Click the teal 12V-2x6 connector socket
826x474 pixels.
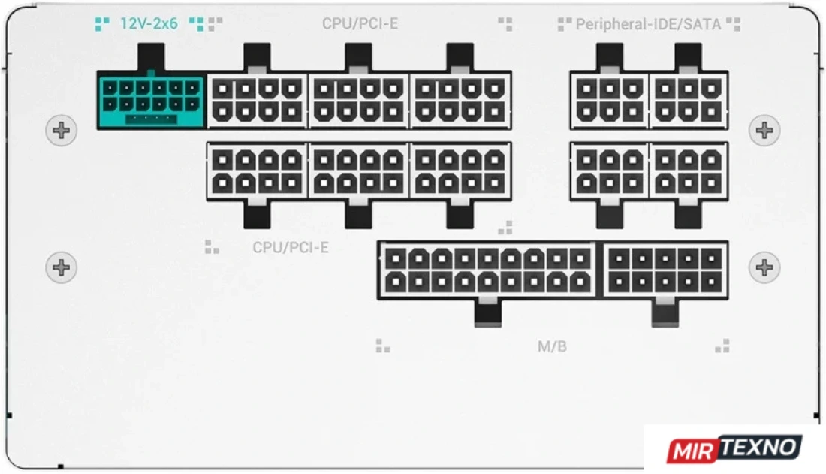coord(151,101)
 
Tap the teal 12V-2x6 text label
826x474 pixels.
coord(149,24)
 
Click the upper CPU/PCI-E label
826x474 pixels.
coord(360,24)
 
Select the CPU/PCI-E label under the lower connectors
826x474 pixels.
coord(291,247)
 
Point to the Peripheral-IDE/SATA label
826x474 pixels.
coord(648,24)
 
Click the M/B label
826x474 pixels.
coord(552,346)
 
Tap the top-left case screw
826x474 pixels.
coord(61,130)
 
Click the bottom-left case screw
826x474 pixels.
coord(61,267)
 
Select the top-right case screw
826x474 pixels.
coord(764,130)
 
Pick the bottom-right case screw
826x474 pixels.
coord(764,267)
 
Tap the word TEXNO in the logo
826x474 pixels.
coord(760,447)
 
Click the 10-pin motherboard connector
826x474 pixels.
coord(665,270)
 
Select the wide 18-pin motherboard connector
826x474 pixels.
coord(488,270)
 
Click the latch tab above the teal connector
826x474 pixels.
coord(151,57)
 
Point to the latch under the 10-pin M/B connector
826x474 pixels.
coord(665,313)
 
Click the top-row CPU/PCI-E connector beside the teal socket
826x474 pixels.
coord(257,100)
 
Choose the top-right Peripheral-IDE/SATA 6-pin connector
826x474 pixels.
coord(689,100)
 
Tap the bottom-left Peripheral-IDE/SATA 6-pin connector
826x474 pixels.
coord(610,171)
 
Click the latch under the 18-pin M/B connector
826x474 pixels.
coord(488,313)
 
